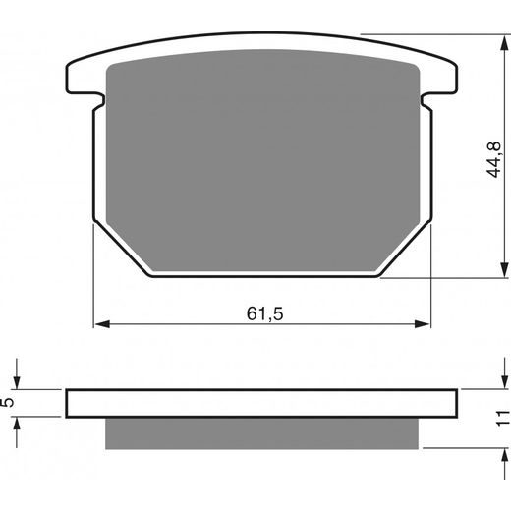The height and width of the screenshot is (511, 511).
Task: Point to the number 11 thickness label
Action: (502, 419)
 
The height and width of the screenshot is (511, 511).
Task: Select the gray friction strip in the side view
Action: (262, 431)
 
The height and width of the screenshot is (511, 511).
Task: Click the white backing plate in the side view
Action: (262, 403)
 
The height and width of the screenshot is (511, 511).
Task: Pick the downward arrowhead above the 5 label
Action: (17, 382)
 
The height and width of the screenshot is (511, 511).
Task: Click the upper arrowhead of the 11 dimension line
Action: (497, 382)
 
